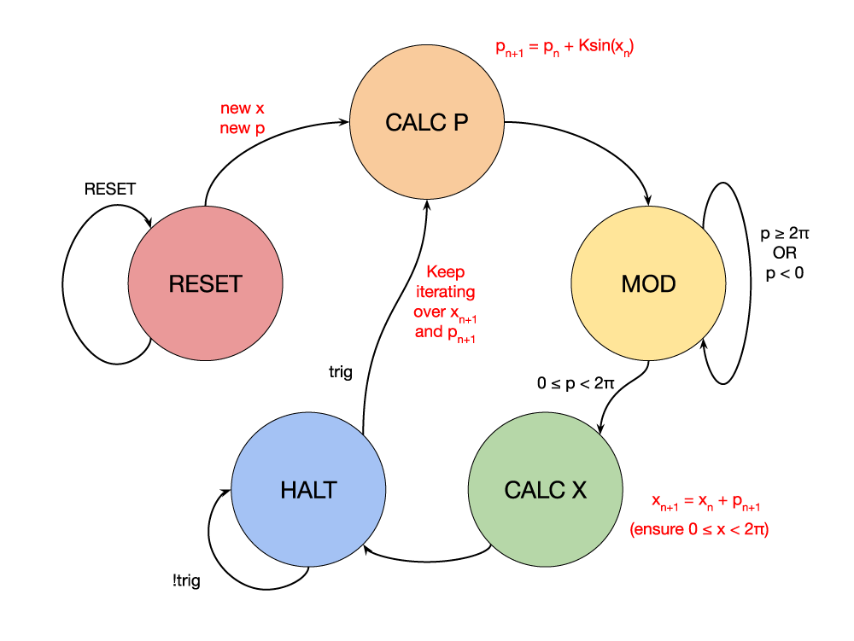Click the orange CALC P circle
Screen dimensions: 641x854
[427, 122]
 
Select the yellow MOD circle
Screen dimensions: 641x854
[647, 284]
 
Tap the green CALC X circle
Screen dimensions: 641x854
[545, 490]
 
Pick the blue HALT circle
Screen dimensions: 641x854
[308, 490]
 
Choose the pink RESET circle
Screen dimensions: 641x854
[205, 284]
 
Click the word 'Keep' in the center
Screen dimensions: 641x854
[445, 272]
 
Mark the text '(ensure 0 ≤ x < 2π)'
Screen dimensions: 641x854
[699, 530]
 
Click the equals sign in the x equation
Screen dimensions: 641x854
[690, 501]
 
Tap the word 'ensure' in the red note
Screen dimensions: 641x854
[660, 530]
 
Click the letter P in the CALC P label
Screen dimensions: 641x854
[460, 123]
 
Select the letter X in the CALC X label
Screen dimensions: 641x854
[578, 491]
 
